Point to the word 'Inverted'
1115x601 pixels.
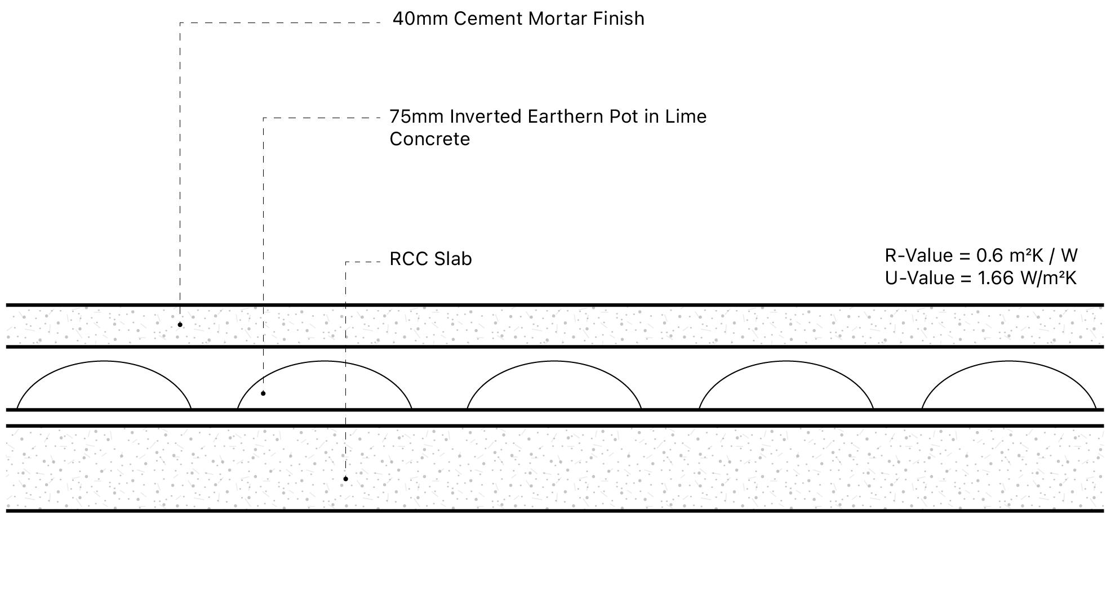[x=486, y=116]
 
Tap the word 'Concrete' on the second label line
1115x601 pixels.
[x=429, y=139]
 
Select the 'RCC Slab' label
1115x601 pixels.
[x=430, y=259]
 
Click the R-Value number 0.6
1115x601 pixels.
[x=989, y=255]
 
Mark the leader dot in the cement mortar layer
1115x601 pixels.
[x=180, y=325]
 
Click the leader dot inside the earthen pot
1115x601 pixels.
[x=263, y=393]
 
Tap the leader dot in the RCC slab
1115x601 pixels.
[x=345, y=479]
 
